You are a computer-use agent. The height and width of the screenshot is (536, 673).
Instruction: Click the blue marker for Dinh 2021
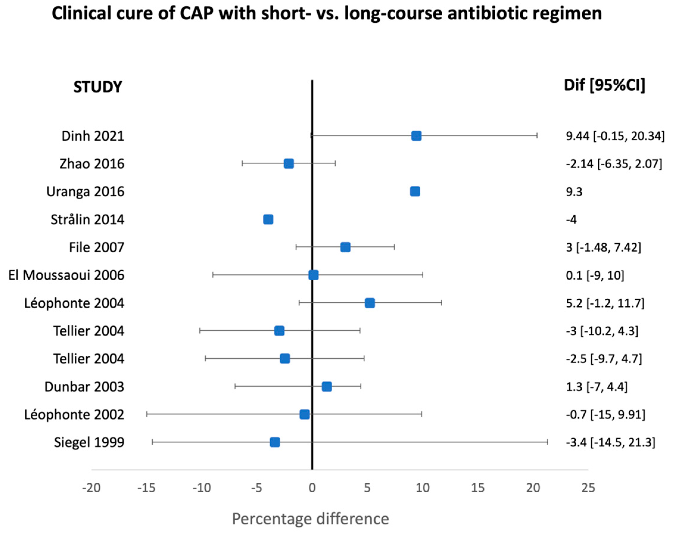coord(416,136)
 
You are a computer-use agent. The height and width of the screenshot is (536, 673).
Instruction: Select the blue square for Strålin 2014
coord(268,220)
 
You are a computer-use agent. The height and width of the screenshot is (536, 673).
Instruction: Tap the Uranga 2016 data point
coord(415,191)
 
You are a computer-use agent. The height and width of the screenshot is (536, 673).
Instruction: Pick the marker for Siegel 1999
coord(275,442)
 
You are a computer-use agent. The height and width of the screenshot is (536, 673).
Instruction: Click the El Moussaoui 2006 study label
coord(66,275)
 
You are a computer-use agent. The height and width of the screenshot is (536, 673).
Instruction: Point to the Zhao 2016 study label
coord(92,164)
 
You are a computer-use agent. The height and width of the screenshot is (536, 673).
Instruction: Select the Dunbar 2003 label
coord(84,387)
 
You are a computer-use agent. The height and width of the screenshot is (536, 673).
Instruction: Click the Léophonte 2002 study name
coord(74,415)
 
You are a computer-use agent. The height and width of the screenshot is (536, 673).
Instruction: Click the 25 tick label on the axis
coord(588,488)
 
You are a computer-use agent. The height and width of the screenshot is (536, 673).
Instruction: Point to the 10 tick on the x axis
coord(422,488)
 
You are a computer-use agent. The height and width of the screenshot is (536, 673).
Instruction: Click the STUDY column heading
coord(97,87)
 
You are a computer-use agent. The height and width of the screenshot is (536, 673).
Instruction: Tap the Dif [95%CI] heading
coord(604,85)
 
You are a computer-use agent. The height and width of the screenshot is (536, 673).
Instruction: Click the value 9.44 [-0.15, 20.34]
coord(615,136)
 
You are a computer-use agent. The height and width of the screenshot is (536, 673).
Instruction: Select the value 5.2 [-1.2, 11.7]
coord(605,303)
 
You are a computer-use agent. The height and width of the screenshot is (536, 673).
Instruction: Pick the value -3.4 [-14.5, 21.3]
coord(610,442)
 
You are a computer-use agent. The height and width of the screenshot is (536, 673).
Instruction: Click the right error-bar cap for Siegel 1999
coord(547,442)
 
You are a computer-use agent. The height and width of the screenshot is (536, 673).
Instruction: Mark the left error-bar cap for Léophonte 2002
coord(147,414)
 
